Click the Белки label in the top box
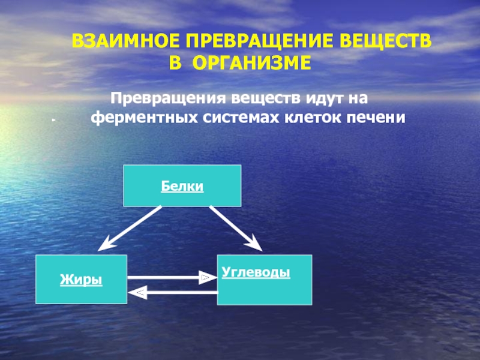[182, 187]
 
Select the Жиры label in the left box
[80, 280]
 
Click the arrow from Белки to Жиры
[130, 227]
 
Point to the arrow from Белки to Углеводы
[235, 227]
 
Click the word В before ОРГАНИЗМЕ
[173, 62]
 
